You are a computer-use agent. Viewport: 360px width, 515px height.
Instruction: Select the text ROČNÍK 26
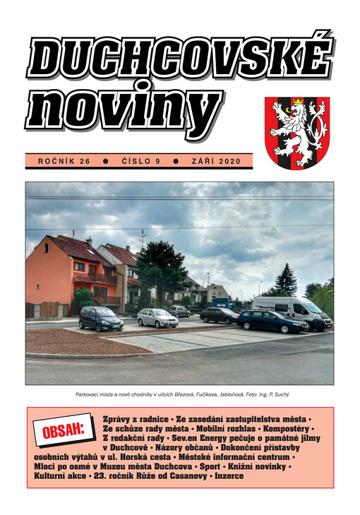[64, 161]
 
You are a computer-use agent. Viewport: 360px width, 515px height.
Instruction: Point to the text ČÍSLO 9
[139, 161]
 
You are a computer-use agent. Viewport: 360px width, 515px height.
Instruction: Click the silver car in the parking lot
[157, 318]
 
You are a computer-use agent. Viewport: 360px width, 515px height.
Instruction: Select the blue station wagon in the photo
[271, 321]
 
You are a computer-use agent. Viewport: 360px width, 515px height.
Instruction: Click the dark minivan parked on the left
[101, 319]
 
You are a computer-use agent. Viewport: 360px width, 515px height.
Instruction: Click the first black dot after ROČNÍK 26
[105, 161]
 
